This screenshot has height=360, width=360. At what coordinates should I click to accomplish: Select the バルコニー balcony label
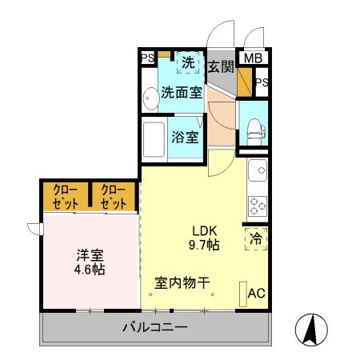coord(155,327)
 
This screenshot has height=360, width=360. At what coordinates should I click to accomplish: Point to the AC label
coord(256,293)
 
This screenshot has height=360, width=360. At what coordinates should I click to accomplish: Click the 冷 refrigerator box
coord(256,238)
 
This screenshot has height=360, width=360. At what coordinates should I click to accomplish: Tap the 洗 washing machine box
coord(188,61)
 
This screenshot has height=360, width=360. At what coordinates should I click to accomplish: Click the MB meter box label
coord(253,58)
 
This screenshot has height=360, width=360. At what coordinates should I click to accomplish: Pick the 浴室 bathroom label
coord(185,136)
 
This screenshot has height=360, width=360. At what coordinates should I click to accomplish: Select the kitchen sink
coord(258,170)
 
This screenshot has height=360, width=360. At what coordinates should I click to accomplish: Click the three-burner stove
coord(258,206)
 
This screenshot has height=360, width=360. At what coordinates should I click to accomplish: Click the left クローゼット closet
coord(66,196)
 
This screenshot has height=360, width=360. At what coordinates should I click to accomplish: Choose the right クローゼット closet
coord(114,196)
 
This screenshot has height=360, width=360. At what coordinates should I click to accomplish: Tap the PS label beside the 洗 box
coord(148,58)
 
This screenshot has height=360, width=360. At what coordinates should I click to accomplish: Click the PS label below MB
coord(262,82)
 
